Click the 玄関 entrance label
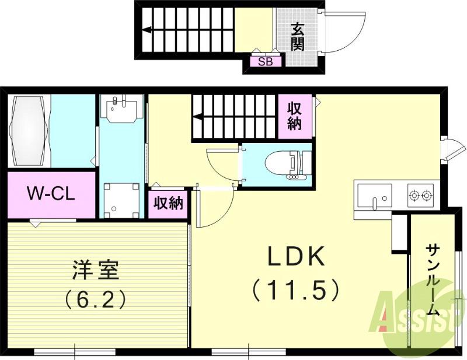tap(298, 36)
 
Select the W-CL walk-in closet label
tap(51, 194)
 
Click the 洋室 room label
tap(96, 270)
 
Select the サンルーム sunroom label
tap(433, 279)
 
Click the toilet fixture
tap(286, 163)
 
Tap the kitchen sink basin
tap(374, 195)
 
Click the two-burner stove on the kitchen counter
tap(420, 195)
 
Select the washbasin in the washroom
tap(121, 109)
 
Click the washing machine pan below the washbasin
tap(121, 200)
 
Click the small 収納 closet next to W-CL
tap(168, 204)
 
